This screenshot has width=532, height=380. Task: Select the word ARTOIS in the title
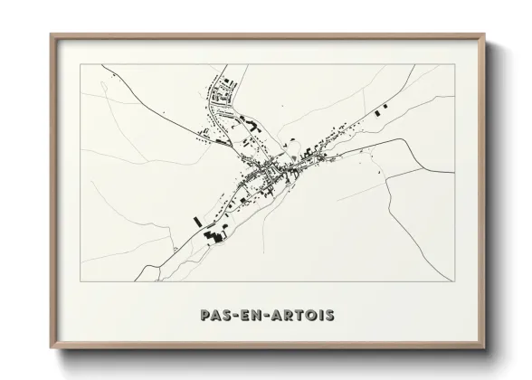pos(305,316)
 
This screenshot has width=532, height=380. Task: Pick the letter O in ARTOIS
pos(313,316)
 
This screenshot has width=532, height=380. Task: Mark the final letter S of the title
pos(330,316)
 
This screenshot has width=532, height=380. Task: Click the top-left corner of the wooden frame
pos(52,35)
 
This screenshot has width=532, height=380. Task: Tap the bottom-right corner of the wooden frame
pos(484,348)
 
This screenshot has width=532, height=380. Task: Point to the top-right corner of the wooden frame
pos(484,35)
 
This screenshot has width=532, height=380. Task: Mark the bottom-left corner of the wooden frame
pos(52,348)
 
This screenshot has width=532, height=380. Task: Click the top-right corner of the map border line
pos(454,64)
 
